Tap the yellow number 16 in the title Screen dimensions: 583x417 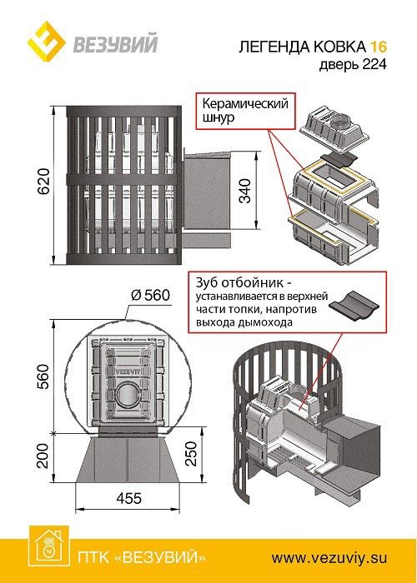coord(379,47)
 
